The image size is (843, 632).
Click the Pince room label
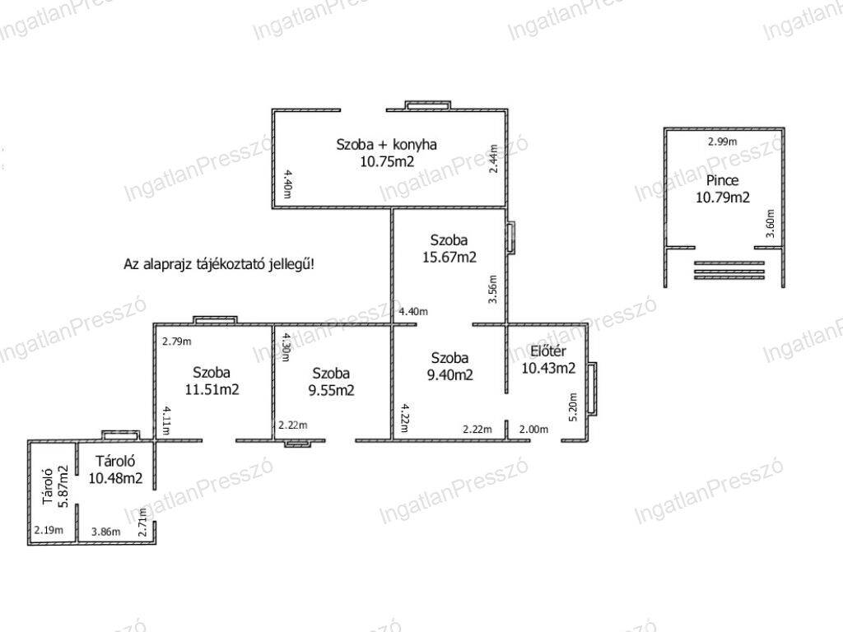click(x=722, y=180)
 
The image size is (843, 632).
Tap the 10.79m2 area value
click(x=723, y=197)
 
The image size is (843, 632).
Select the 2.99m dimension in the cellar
click(x=722, y=142)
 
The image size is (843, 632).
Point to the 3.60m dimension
click(x=771, y=224)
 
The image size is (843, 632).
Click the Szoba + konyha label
click(x=387, y=145)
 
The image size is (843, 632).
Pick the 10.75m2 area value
click(x=387, y=162)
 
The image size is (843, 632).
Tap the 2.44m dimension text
click(x=493, y=158)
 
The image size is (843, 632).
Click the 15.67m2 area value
click(x=449, y=258)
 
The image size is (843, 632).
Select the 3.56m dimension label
click(x=492, y=290)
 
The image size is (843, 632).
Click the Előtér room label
click(x=547, y=351)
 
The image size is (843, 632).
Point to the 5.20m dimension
click(x=573, y=407)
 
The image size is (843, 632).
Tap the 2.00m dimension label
click(x=533, y=430)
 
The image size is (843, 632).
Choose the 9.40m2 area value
click(x=450, y=374)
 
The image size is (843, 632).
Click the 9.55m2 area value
click(x=331, y=390)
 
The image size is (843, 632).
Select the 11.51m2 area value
click(x=212, y=389)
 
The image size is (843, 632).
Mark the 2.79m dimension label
click(x=177, y=342)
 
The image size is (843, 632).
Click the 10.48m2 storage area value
click(x=115, y=478)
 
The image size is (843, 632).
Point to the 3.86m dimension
click(x=106, y=532)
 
